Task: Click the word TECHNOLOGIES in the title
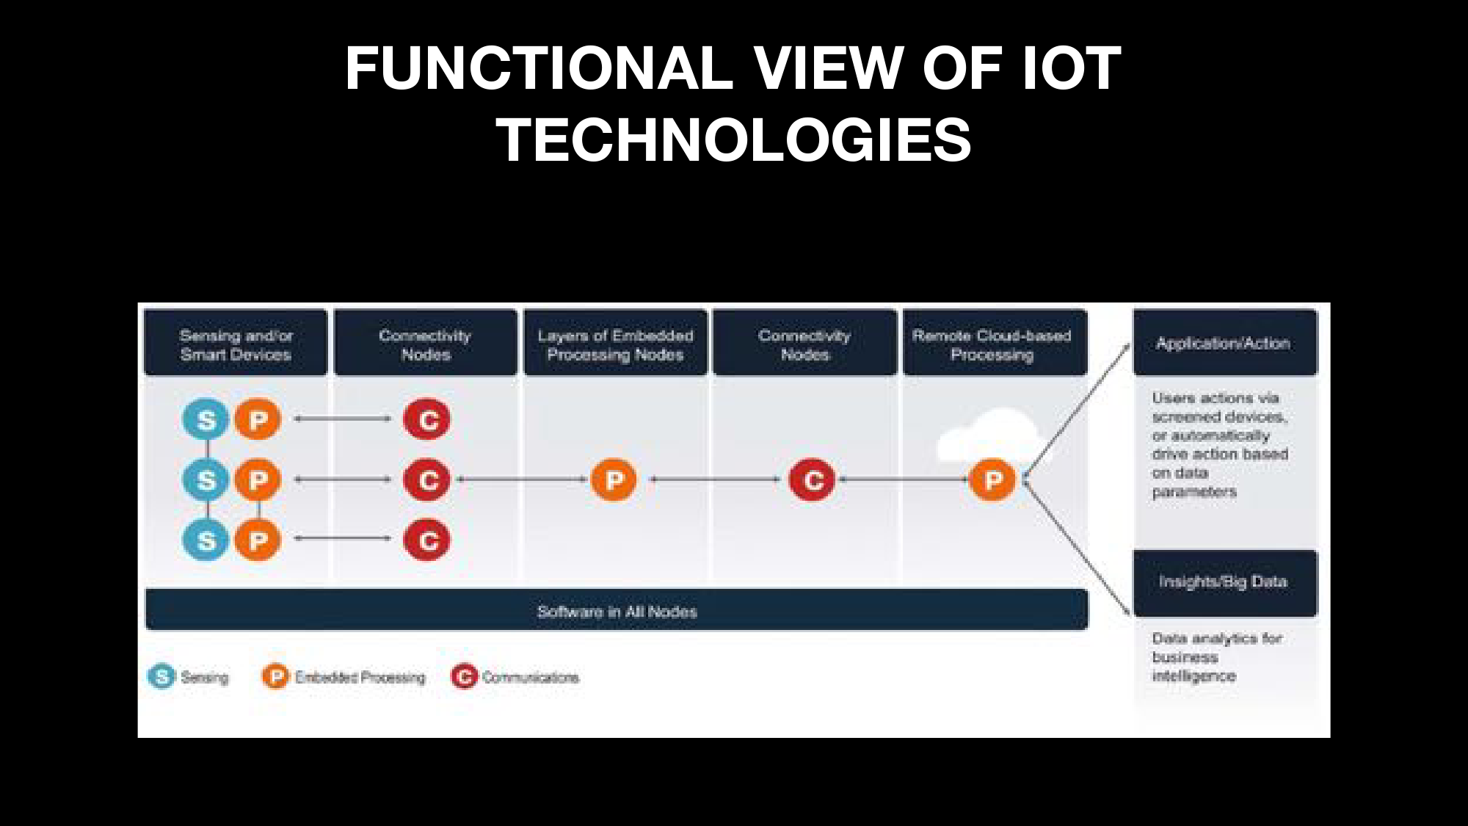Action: tap(733, 140)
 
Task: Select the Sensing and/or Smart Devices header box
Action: tap(236, 343)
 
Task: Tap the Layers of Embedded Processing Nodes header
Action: tap(615, 343)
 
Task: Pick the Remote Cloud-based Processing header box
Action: tap(995, 343)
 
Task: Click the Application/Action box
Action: tap(1224, 343)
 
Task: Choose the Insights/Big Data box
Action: tap(1224, 583)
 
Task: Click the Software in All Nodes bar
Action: tap(617, 610)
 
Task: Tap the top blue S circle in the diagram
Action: tap(206, 419)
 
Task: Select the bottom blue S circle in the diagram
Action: tap(206, 540)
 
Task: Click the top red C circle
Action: tap(427, 419)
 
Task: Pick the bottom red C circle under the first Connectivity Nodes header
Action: tap(427, 540)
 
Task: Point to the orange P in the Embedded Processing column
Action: tap(614, 479)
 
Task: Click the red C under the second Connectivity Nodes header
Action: tap(812, 479)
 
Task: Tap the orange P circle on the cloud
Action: tap(992, 479)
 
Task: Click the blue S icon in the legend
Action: tap(161, 676)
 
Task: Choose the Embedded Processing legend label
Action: tap(360, 677)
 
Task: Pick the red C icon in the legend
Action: tap(464, 676)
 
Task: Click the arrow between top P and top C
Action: tap(343, 419)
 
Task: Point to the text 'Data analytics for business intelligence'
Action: tap(1217, 657)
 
